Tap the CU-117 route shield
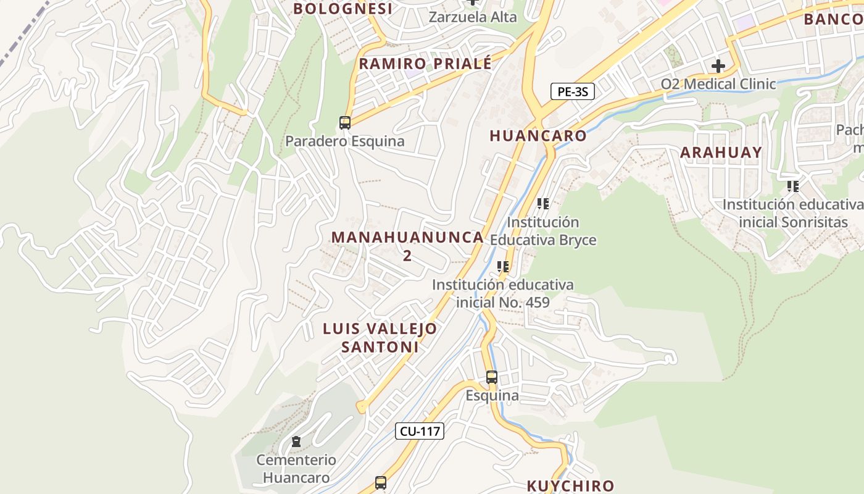tap(420, 431)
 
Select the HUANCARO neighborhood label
tap(538, 136)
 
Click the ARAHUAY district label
tap(721, 153)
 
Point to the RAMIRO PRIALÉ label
tap(426, 64)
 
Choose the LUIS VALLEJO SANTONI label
tap(380, 338)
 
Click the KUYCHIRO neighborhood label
tap(570, 486)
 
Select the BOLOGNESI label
tap(343, 9)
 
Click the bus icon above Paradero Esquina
tap(345, 123)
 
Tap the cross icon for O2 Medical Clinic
tap(718, 65)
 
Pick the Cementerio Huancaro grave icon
tap(296, 442)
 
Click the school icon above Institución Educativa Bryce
tap(543, 203)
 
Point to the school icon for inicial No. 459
tap(503, 267)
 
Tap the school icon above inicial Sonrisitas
tap(793, 186)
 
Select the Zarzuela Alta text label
tap(473, 17)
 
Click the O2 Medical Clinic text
tap(718, 84)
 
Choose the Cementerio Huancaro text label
tap(296, 469)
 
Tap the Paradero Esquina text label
tap(344, 141)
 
